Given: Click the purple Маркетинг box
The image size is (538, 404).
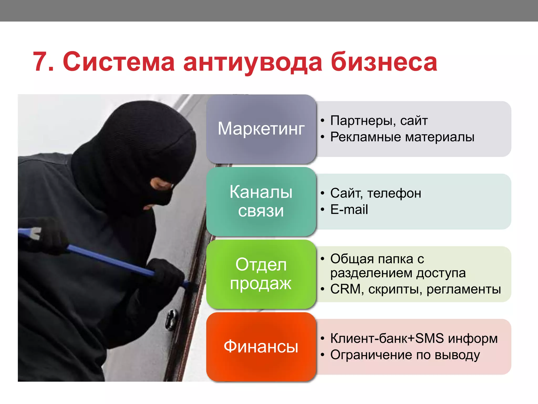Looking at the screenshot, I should [x=261, y=129].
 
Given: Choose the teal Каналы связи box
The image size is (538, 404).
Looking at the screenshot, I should [x=261, y=201].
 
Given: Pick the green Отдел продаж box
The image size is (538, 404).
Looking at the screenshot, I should [x=261, y=274].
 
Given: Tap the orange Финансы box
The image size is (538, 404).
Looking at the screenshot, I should [x=261, y=347].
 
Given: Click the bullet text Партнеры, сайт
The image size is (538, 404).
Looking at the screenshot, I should [x=379, y=121].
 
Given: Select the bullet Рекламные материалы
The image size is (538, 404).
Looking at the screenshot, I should [x=402, y=137].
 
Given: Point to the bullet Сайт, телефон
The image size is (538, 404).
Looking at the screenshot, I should [x=376, y=193].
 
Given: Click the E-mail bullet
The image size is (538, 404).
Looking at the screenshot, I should [x=349, y=210].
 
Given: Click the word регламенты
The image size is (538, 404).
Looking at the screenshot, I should [x=464, y=289].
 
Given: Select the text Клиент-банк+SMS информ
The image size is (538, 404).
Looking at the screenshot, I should [x=414, y=339].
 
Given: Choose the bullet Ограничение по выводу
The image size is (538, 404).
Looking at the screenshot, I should [x=405, y=355].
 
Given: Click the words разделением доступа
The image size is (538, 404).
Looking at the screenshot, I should [x=398, y=273].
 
